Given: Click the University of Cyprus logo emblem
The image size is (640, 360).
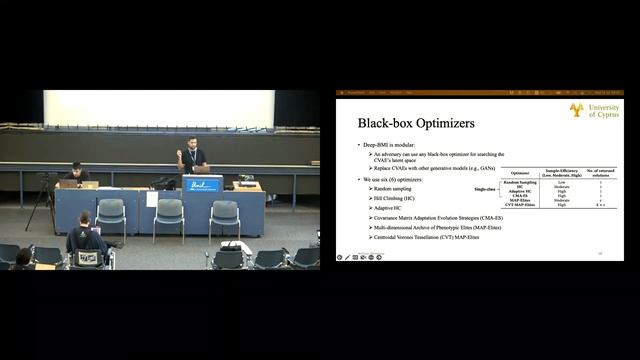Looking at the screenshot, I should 576,109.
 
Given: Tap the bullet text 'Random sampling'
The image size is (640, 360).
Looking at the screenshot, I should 393,188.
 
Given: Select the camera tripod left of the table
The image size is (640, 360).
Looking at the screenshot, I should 43,200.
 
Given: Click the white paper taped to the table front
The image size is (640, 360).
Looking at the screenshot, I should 152,198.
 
